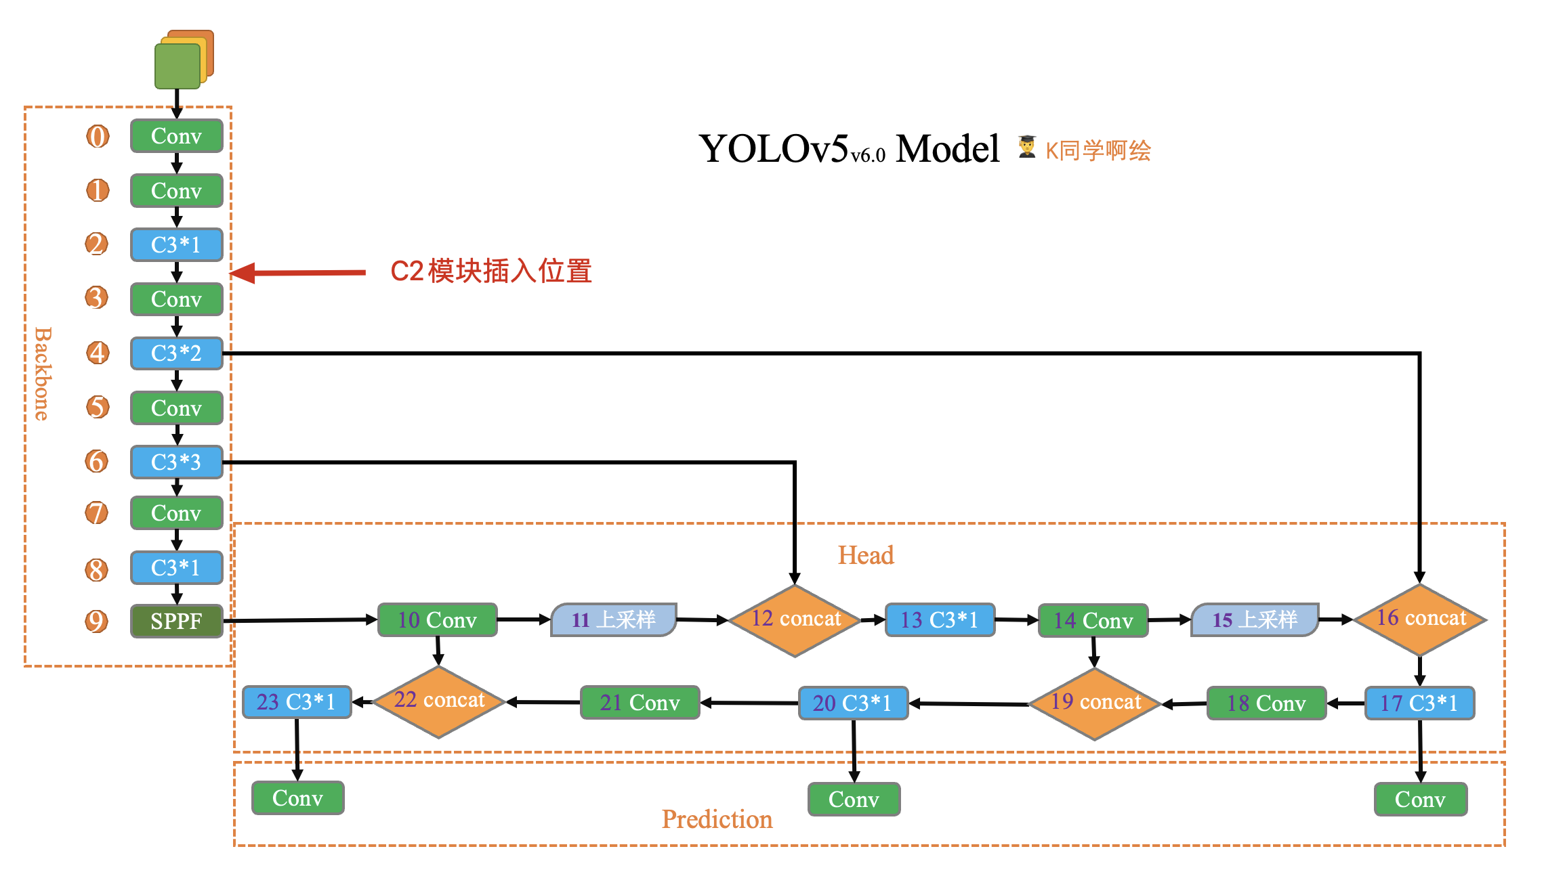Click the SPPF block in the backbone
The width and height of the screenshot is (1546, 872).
click(176, 621)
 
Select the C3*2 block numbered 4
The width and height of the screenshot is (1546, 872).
click(176, 353)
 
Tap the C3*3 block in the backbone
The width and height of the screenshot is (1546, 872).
click(176, 462)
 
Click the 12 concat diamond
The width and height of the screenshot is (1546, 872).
click(795, 619)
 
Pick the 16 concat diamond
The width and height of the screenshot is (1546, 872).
click(1420, 619)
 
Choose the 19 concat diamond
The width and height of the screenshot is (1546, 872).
click(1095, 703)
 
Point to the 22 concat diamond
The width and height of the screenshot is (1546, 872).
click(439, 701)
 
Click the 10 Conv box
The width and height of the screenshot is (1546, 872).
click(437, 619)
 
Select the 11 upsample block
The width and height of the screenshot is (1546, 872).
click(614, 619)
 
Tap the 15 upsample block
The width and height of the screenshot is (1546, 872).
click(1255, 619)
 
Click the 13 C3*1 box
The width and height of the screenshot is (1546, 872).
click(939, 619)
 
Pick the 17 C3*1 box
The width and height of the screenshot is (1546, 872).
click(1419, 703)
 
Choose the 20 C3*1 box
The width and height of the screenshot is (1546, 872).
click(852, 703)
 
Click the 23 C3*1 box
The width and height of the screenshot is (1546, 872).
click(296, 701)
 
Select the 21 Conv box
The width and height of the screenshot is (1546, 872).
click(640, 702)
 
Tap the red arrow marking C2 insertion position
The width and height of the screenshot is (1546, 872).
click(298, 273)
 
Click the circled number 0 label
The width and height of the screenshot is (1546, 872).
click(98, 136)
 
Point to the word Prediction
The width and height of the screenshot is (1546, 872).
click(717, 819)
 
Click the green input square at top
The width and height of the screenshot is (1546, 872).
click(177, 66)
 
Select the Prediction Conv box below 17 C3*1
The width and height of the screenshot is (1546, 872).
click(1420, 800)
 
